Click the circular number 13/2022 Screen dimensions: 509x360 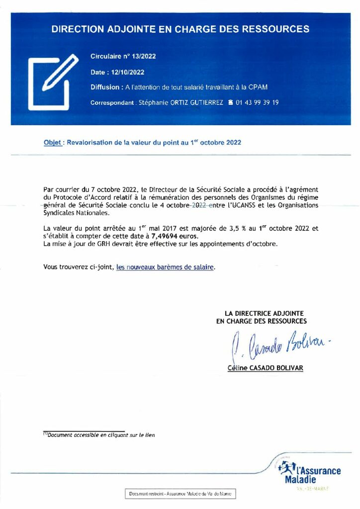coord(144,56)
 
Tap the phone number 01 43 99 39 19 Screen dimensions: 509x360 coord(258,103)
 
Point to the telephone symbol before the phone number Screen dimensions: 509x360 coord(230,103)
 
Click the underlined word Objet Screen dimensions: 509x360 coord(52,142)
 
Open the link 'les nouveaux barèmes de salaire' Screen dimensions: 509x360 coord(165,267)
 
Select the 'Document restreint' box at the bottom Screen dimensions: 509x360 coord(180,494)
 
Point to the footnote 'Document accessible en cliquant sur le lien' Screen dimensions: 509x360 coord(99,435)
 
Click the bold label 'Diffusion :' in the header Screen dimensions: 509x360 coord(106,87)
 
